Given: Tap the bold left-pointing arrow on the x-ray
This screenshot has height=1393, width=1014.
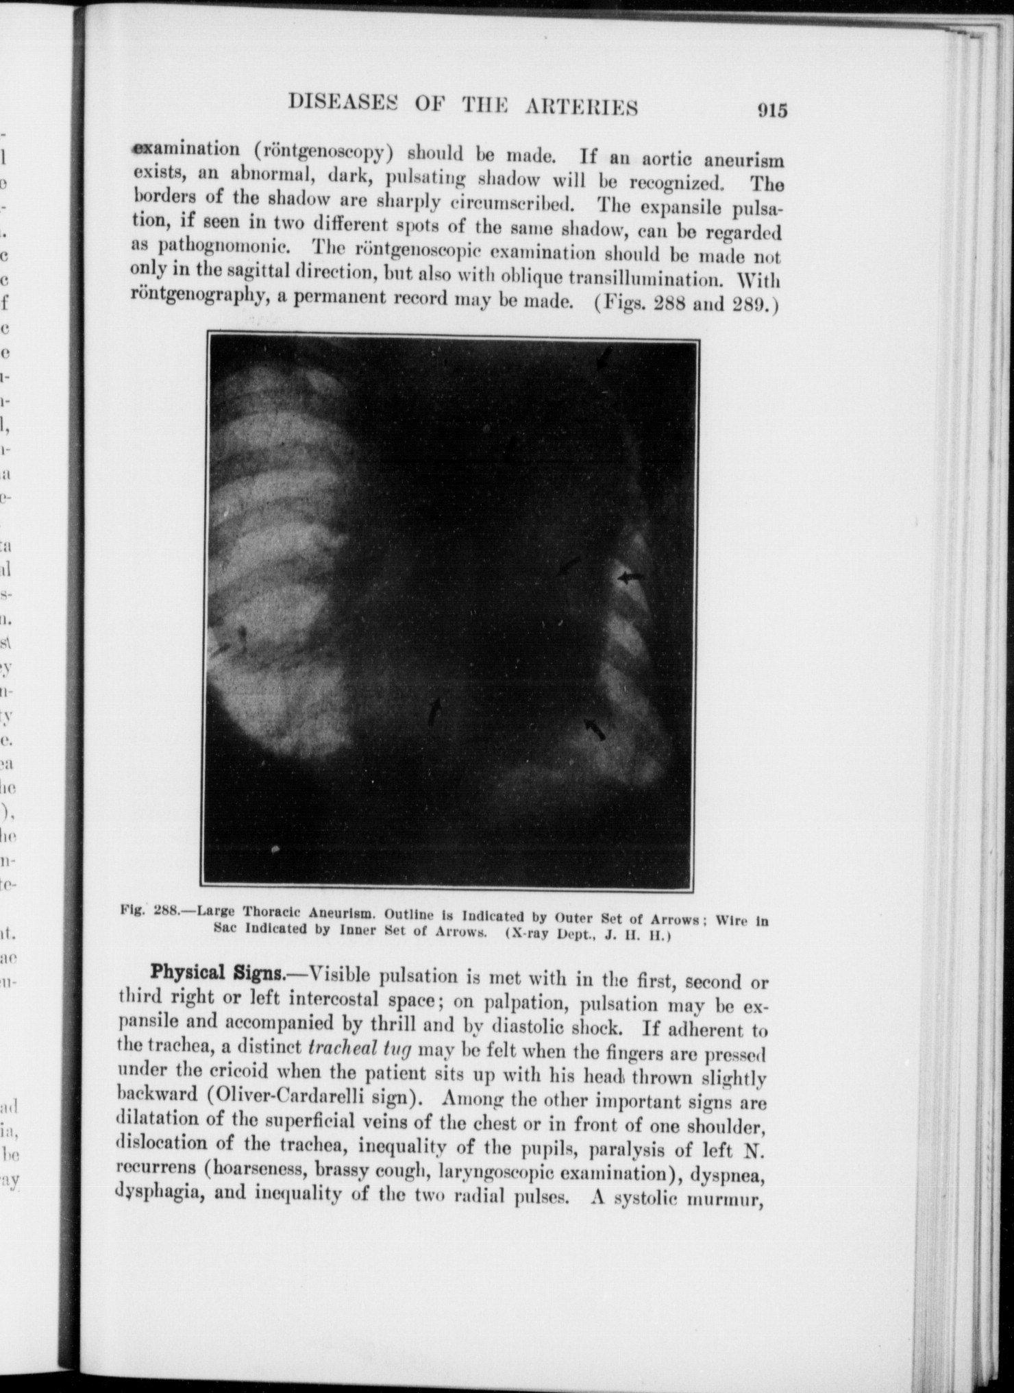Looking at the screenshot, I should [x=631, y=577].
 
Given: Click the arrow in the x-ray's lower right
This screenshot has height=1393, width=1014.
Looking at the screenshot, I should [x=595, y=729].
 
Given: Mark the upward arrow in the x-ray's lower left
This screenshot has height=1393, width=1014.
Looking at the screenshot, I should [x=434, y=713].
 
